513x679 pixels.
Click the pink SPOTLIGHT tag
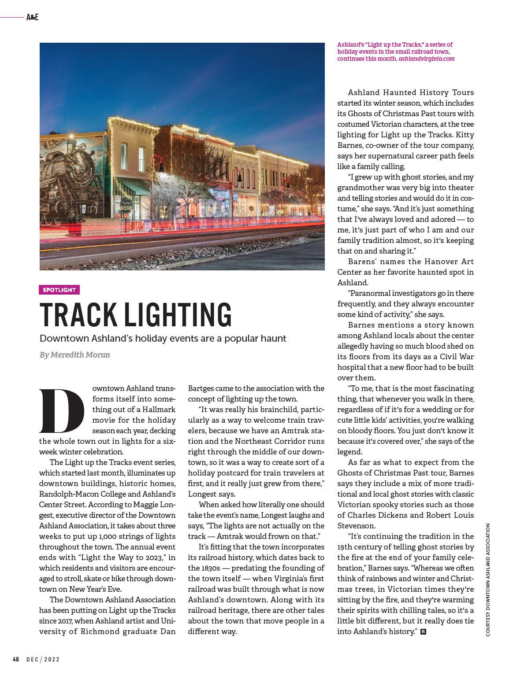[x=59, y=290]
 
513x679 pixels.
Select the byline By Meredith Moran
[x=74, y=355]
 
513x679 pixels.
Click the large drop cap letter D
[x=61, y=410]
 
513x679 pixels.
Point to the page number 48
[x=15, y=659]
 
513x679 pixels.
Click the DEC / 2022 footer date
[x=43, y=659]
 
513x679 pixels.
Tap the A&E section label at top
[x=33, y=18]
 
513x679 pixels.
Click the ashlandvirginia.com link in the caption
[x=426, y=59]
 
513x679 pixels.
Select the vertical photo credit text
[x=488, y=579]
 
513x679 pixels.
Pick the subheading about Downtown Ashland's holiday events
[x=163, y=339]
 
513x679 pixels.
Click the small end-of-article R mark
[x=424, y=632]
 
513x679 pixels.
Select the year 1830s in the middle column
[x=202, y=568]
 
